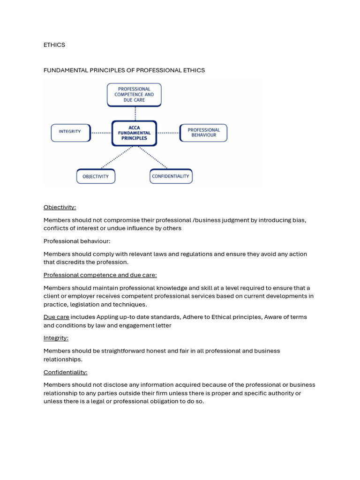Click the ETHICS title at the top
pyautogui.click(x=54, y=45)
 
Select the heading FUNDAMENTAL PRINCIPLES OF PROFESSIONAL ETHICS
pyautogui.click(x=124, y=70)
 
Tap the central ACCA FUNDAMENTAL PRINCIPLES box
pyautogui.click(x=134, y=133)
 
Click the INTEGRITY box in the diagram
pyautogui.click(x=70, y=132)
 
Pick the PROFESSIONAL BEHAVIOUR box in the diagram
pyautogui.click(x=203, y=133)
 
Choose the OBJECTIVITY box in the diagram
pyautogui.click(x=96, y=176)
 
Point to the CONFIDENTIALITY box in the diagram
pyautogui.click(x=171, y=176)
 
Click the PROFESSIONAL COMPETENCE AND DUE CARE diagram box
pyautogui.click(x=134, y=95)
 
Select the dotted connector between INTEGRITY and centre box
pyautogui.click(x=101, y=133)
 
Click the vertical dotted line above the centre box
pyautogui.click(x=135, y=113)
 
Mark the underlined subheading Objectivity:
pyautogui.click(x=60, y=207)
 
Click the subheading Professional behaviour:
pyautogui.click(x=77, y=241)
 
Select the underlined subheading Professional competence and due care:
pyautogui.click(x=100, y=275)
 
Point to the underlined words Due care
pyautogui.click(x=56, y=317)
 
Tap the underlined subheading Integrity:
pyautogui.click(x=56, y=338)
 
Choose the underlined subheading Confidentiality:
pyautogui.click(x=66, y=372)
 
